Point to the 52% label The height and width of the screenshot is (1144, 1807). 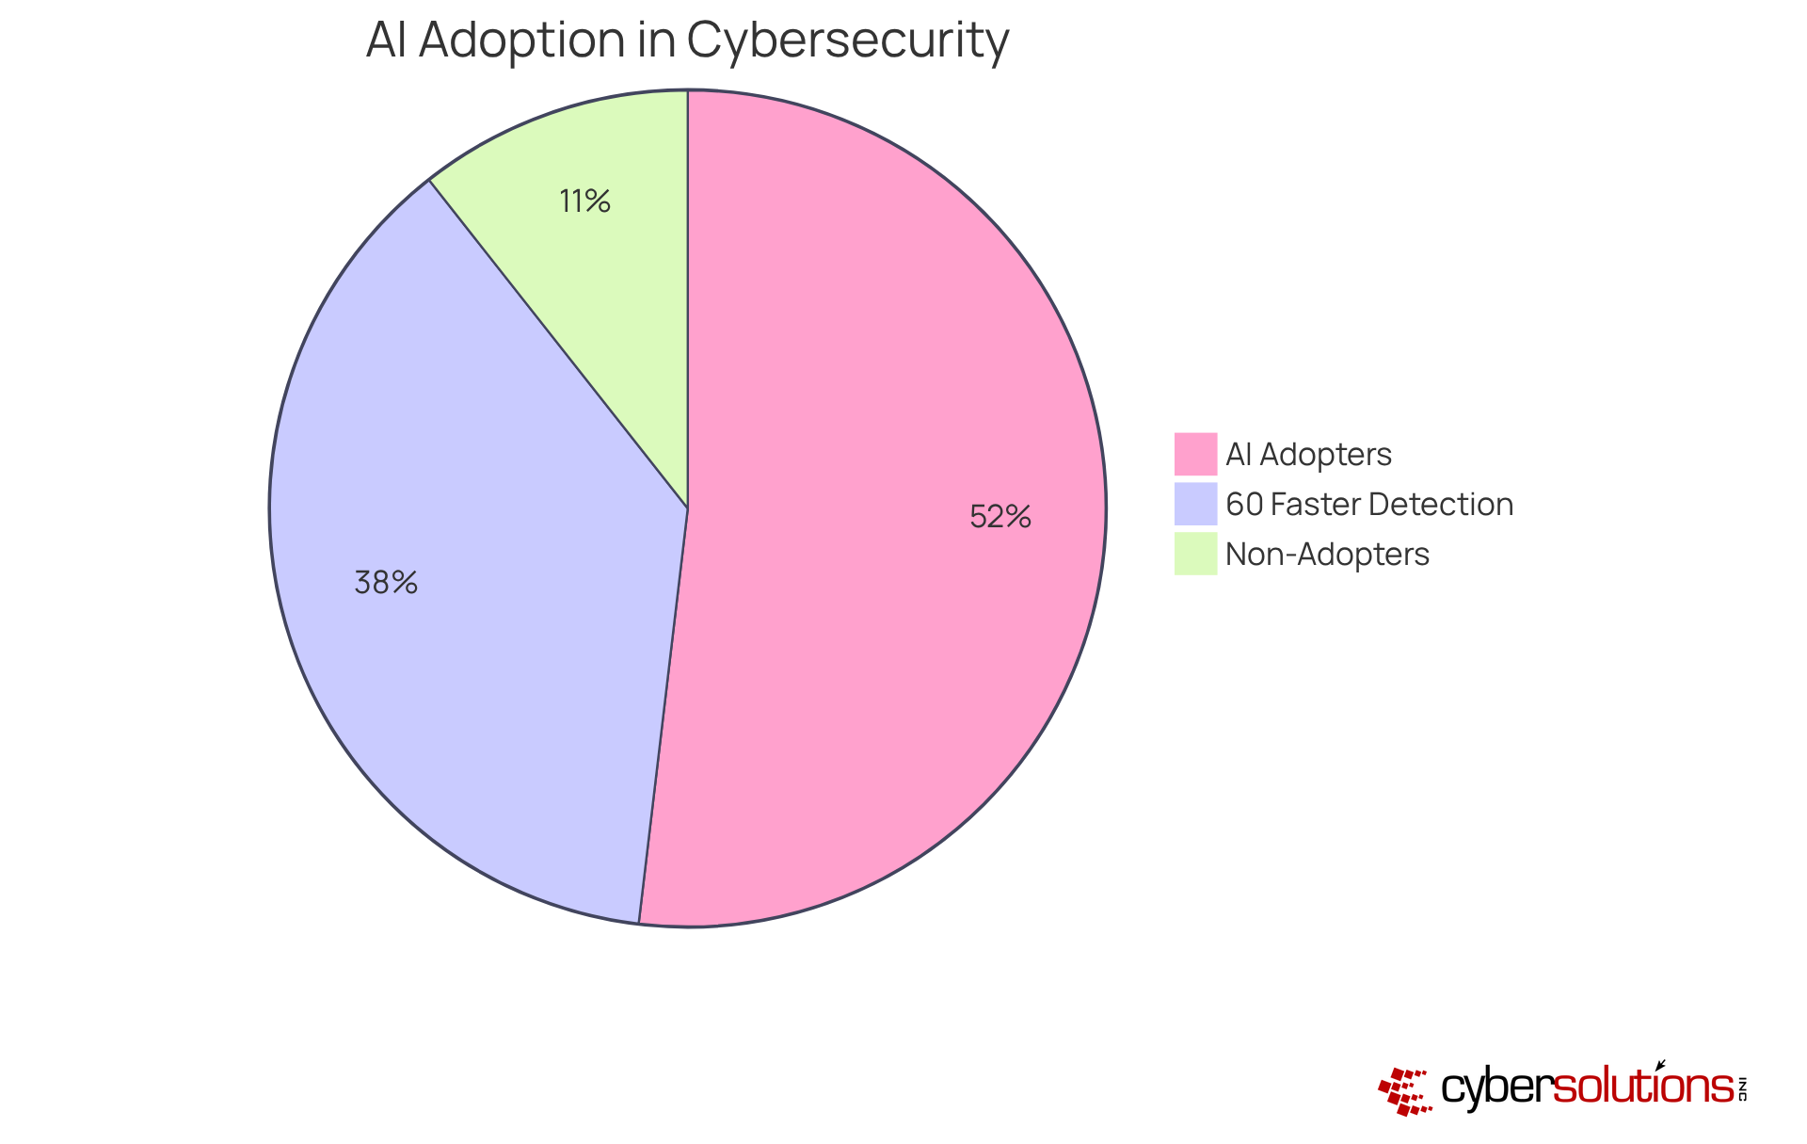click(1000, 517)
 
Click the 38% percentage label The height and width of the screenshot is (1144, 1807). click(386, 583)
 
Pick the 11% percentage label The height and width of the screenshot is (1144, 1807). click(584, 201)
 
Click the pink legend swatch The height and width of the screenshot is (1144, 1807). click(1195, 454)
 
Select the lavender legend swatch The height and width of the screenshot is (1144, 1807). click(1195, 504)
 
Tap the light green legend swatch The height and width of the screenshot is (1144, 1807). click(1195, 554)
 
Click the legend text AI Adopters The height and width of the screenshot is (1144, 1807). click(1308, 455)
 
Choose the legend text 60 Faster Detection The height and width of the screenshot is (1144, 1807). click(1369, 505)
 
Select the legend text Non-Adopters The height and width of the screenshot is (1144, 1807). click(1327, 555)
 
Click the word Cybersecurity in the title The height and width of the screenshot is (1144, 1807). click(847, 41)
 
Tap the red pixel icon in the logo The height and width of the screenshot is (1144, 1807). click(1405, 1091)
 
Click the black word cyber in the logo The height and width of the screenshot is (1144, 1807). click(1495, 1088)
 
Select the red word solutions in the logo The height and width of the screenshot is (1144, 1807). click(1642, 1088)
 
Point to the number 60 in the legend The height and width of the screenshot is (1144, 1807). click(1244, 505)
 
